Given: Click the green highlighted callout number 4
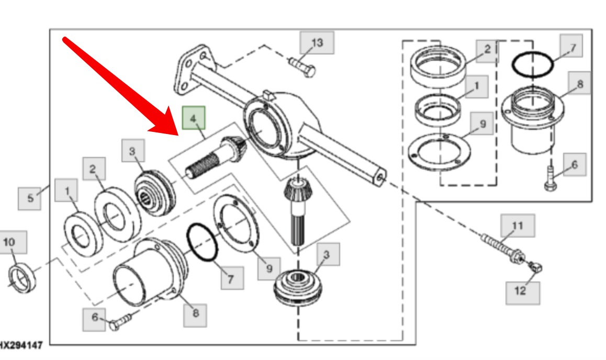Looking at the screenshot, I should pyautogui.click(x=194, y=118).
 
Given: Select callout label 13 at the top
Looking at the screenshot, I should pyautogui.click(x=317, y=42).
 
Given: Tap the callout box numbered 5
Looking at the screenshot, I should pyautogui.click(x=30, y=198).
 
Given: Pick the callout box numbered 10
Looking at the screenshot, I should pyautogui.click(x=9, y=242).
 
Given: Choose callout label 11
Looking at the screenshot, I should pyautogui.click(x=517, y=226).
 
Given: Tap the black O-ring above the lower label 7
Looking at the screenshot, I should pyautogui.click(x=202, y=241).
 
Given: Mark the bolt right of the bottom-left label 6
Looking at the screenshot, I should pyautogui.click(x=120, y=321).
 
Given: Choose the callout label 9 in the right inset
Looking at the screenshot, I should pyautogui.click(x=482, y=125).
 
